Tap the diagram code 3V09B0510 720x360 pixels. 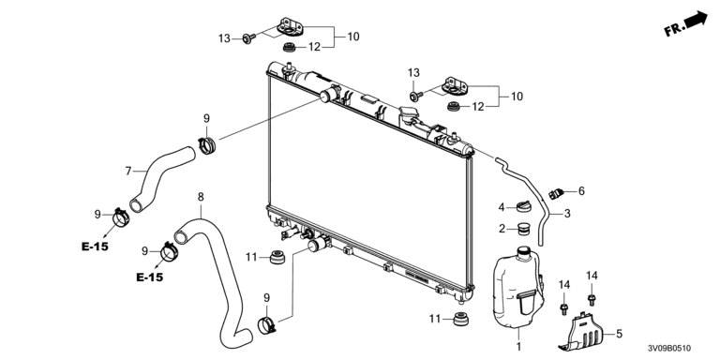point(669,349)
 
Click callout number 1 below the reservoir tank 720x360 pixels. point(519,346)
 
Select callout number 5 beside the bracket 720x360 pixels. point(619,335)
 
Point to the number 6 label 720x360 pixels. point(581,191)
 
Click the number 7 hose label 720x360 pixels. point(128,172)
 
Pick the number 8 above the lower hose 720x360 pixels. point(201,197)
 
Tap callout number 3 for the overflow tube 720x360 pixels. point(567,214)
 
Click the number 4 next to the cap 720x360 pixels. point(502,208)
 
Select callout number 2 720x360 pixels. point(502,228)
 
